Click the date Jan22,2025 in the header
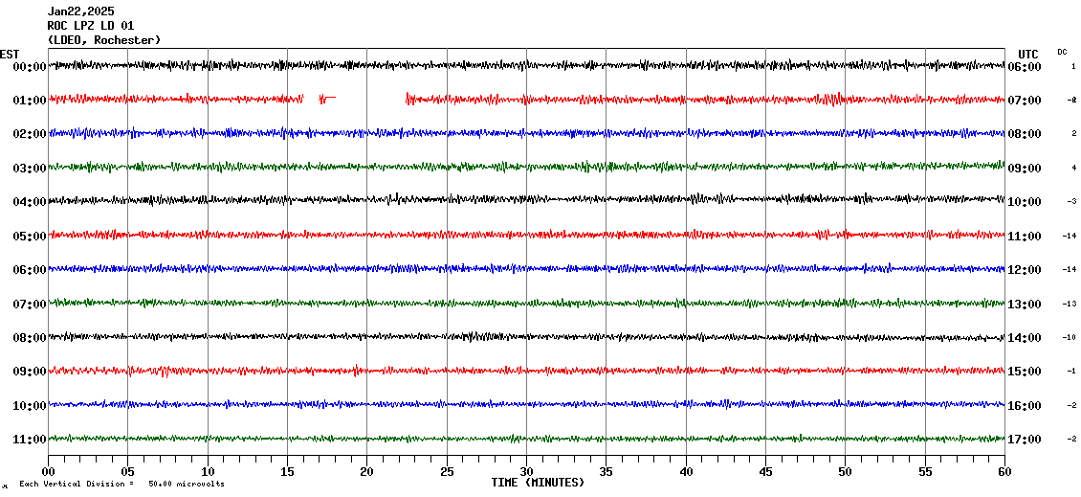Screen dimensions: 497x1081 point(80,11)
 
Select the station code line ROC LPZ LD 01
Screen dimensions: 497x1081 point(91,26)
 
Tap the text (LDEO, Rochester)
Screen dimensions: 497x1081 point(103,39)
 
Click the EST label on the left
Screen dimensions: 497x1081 point(10,54)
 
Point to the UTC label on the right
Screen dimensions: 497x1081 point(1028,54)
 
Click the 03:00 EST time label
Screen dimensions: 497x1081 point(30,169)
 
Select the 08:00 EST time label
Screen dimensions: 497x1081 point(30,338)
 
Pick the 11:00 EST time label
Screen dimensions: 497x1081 point(30,440)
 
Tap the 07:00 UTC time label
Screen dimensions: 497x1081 point(1024,101)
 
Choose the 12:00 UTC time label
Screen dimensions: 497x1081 point(1024,270)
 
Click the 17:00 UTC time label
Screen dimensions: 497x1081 point(1024,440)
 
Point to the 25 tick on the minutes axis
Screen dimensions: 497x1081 point(447,472)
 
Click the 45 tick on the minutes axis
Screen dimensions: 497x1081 point(765,472)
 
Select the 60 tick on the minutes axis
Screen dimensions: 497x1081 point(1004,472)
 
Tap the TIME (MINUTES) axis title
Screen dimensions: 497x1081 point(538,483)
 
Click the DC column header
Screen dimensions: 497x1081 point(1062,52)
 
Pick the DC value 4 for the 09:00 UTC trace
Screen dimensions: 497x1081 point(1073,169)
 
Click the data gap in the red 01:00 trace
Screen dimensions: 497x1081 point(371,98)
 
